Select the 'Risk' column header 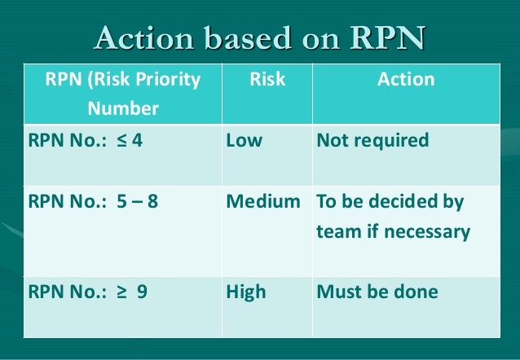click(x=267, y=80)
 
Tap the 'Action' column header click(x=406, y=80)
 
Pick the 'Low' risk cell click(x=245, y=140)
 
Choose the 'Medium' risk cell click(x=263, y=202)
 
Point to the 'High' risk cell click(x=246, y=292)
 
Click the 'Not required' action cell click(x=372, y=140)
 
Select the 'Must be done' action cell click(x=377, y=292)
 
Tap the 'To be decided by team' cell click(x=393, y=217)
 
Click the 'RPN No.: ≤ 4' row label click(x=86, y=140)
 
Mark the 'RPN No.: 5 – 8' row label click(x=93, y=202)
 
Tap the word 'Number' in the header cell click(x=123, y=108)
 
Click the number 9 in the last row click(x=142, y=292)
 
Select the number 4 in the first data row click(x=137, y=140)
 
